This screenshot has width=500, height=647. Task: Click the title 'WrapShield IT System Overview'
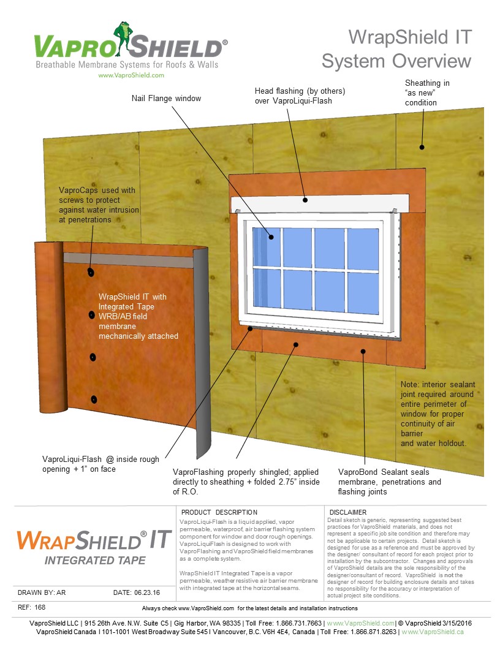coord(396,49)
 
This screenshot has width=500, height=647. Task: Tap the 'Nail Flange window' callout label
coord(166,98)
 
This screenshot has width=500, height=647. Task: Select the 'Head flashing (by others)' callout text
coord(300,96)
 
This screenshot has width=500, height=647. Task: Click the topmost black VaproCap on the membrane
coord(91,272)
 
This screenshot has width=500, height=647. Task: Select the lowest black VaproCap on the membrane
coord(94,399)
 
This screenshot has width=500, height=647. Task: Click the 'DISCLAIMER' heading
coord(347,512)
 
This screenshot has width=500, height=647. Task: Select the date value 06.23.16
coord(146,592)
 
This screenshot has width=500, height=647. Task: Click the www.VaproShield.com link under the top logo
coord(131,75)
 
